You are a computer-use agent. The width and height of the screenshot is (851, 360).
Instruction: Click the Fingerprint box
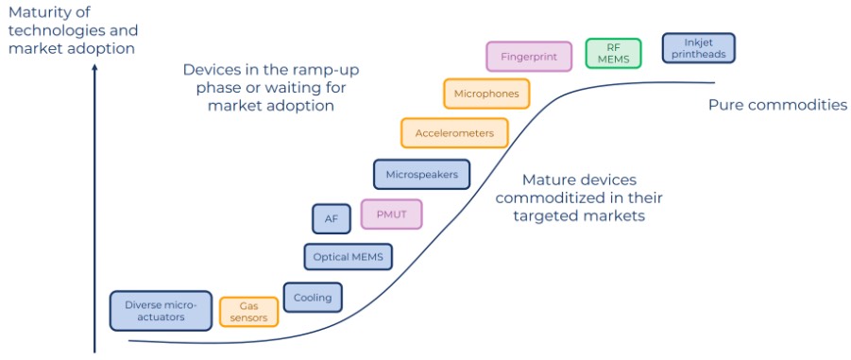click(x=529, y=57)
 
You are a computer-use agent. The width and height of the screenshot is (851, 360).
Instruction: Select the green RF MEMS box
click(x=613, y=53)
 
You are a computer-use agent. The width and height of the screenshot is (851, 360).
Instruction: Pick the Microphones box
click(x=486, y=94)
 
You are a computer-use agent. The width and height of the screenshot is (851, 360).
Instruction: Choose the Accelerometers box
click(x=454, y=133)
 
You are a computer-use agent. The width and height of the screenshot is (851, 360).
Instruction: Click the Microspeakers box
click(x=421, y=174)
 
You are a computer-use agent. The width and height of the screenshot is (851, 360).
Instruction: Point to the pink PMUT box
click(x=391, y=214)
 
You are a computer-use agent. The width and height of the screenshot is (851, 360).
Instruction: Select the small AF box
click(x=332, y=219)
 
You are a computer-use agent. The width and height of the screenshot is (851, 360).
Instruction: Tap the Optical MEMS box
click(x=349, y=257)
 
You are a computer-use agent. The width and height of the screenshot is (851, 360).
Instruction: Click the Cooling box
click(x=313, y=298)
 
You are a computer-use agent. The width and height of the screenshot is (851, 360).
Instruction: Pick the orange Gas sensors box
click(x=249, y=312)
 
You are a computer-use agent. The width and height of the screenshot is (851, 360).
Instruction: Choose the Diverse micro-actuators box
click(x=161, y=311)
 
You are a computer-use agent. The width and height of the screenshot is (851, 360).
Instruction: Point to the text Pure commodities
click(x=777, y=105)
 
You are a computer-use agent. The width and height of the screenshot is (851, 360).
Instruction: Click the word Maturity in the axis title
click(x=34, y=11)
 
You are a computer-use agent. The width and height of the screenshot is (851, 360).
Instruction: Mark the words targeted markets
click(x=579, y=215)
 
